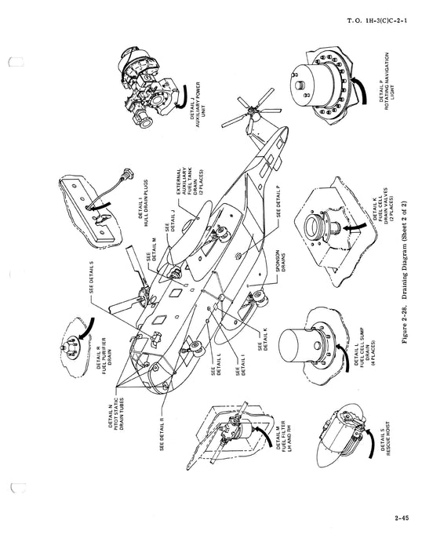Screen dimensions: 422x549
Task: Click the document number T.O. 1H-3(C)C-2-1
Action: tap(377, 20)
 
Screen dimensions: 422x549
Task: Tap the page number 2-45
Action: tap(402, 518)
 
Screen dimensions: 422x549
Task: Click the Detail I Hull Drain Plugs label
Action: tap(143, 203)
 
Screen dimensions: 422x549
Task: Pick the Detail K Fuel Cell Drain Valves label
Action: tap(383, 208)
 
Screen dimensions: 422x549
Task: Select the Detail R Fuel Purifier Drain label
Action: tap(104, 356)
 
